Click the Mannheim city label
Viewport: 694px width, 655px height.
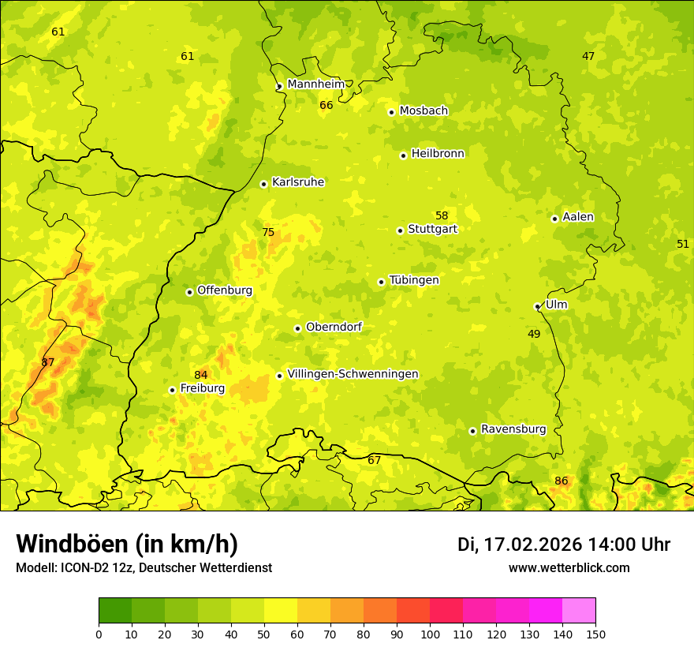tap(316, 84)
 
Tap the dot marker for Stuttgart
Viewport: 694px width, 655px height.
tap(400, 230)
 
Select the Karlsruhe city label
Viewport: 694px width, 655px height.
tap(298, 182)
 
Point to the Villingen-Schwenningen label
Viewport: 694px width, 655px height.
tap(353, 374)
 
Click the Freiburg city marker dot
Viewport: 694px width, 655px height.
tap(172, 390)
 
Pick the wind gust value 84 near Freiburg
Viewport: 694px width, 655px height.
tap(201, 375)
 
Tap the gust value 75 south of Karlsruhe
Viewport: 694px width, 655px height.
tap(268, 232)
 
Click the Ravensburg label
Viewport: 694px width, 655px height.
tap(513, 429)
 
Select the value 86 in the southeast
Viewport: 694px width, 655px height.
tap(561, 481)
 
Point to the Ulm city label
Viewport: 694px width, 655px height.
tap(556, 305)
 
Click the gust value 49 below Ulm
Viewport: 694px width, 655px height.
tap(534, 334)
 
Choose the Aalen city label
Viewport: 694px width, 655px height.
tap(578, 217)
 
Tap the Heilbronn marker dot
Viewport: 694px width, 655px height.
tap(403, 155)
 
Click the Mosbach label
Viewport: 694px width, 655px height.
tap(423, 110)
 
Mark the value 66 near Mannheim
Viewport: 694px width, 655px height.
tap(326, 105)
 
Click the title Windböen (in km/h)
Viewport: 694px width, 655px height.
tap(127, 544)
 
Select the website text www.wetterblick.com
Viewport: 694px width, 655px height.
tap(569, 567)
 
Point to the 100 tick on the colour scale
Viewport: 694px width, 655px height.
tap(430, 634)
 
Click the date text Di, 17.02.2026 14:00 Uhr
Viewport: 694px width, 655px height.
tap(564, 545)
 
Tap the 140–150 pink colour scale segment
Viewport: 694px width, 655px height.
tap(579, 611)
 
